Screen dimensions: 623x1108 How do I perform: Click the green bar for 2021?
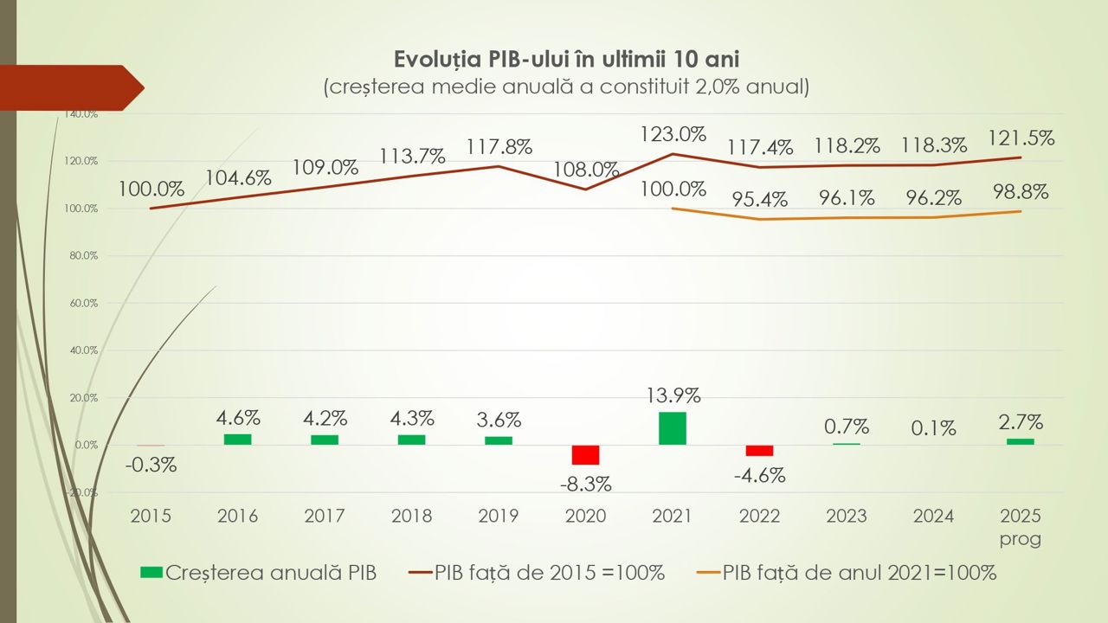coord(672,428)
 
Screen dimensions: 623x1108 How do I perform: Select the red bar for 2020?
coord(585,455)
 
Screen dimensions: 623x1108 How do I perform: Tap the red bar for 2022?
coord(759,450)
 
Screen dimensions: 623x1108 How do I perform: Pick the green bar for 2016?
coord(237,440)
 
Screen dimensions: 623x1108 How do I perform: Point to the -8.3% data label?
coord(585,484)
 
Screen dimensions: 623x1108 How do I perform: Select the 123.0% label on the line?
coord(673,134)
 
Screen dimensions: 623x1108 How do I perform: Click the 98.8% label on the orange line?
coord(1019,192)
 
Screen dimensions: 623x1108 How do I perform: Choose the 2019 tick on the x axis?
coord(498,517)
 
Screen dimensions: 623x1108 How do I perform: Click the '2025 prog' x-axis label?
coord(1020,527)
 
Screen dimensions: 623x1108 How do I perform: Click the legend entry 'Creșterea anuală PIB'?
coord(258,573)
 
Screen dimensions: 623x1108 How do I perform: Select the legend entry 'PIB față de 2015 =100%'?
coord(536,573)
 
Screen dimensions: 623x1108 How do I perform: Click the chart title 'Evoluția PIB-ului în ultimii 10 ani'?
coord(567,59)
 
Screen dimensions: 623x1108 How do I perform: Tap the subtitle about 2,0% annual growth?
coord(567,87)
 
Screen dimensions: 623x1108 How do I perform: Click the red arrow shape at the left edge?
coord(74,87)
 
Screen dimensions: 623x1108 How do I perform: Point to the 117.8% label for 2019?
coord(499,146)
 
